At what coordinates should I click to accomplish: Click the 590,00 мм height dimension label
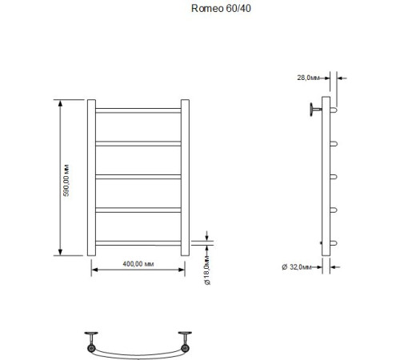[68, 179]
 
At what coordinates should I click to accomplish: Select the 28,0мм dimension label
[308, 78]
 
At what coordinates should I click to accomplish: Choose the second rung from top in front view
[141, 142]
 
